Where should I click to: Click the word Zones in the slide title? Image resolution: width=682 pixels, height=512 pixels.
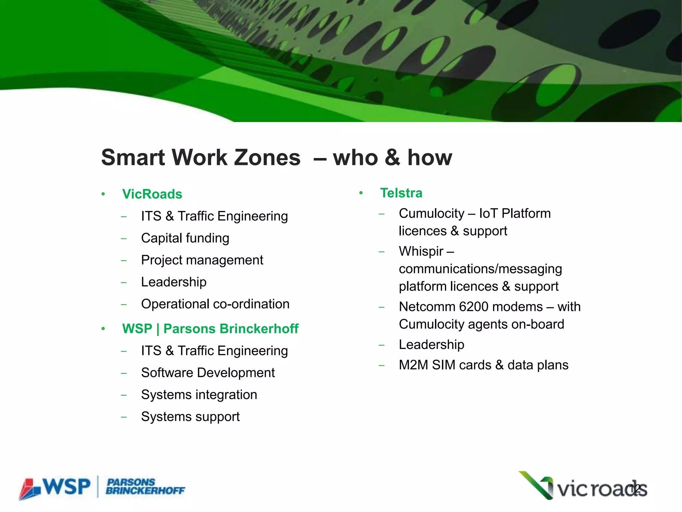267,157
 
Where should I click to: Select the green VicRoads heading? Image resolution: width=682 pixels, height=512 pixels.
152,194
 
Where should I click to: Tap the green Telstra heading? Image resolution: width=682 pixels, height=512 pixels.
401,193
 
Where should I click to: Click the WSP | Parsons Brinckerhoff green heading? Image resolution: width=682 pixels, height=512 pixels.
210,329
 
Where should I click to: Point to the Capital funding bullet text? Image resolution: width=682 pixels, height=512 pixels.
185,238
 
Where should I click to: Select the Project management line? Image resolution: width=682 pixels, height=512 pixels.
202,260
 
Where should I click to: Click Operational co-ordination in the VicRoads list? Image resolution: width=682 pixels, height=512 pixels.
215,304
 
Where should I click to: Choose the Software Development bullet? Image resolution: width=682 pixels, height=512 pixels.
208,373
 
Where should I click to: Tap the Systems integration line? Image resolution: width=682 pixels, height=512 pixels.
199,395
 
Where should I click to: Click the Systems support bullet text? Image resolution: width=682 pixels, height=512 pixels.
190,417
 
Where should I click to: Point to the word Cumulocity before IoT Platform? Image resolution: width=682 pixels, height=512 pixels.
431,213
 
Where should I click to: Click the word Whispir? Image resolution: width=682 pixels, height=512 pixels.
421,251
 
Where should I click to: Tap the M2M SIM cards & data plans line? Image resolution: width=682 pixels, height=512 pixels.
484,365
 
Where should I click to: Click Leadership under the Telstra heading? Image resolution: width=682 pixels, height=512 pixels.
431,345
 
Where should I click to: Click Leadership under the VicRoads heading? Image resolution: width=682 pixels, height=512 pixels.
173,282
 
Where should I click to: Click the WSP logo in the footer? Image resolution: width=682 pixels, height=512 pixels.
55,487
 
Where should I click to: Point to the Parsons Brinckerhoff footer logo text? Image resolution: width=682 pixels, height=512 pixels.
145,487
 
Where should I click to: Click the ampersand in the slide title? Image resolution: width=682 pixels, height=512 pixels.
392,157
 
